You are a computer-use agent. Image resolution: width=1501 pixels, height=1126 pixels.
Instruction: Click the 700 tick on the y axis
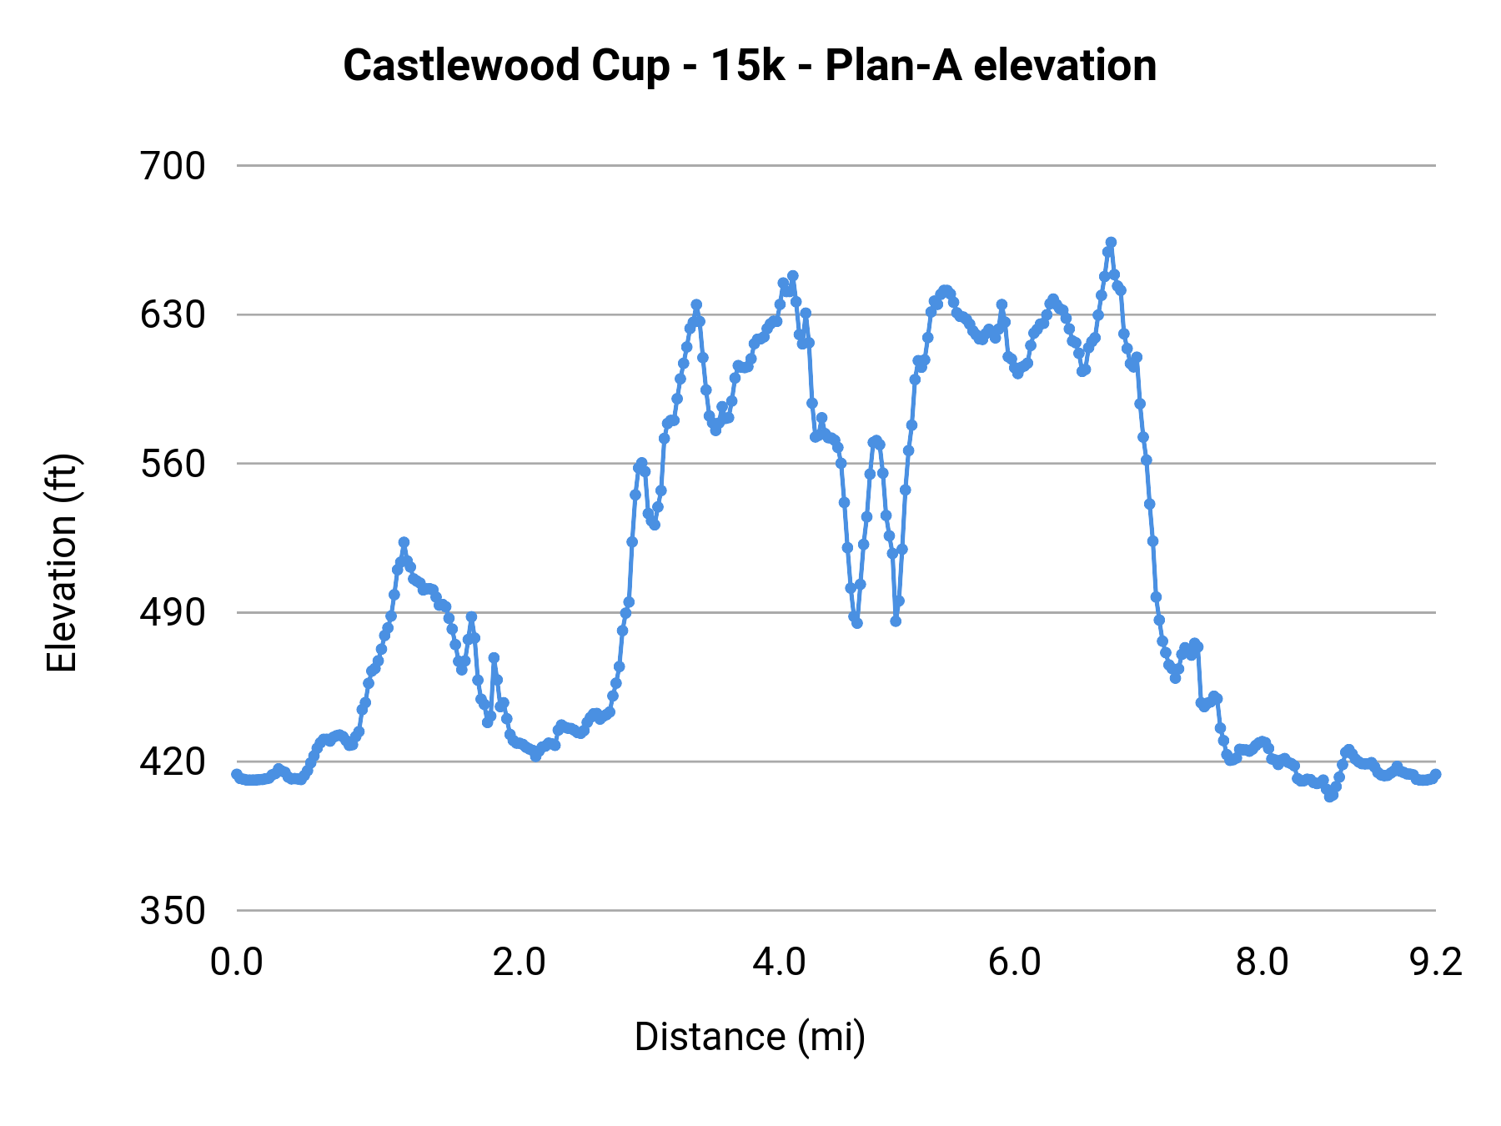tap(173, 167)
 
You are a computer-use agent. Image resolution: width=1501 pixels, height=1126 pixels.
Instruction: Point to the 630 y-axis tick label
tap(173, 315)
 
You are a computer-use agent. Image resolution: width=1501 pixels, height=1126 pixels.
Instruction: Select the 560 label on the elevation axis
tap(173, 465)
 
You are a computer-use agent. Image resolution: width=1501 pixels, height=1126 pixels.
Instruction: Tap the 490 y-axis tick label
tap(173, 613)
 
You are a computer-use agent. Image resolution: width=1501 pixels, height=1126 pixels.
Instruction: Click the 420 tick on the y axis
tap(173, 762)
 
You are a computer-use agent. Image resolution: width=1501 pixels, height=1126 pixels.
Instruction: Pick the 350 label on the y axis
tap(173, 911)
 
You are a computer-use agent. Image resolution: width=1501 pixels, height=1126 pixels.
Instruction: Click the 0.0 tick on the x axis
tap(237, 963)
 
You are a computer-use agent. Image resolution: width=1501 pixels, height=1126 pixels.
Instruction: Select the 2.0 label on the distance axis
tap(519, 963)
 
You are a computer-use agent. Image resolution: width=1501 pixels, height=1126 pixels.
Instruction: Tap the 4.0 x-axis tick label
tap(779, 963)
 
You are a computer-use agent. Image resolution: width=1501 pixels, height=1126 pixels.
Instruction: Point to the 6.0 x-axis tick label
tap(1015, 963)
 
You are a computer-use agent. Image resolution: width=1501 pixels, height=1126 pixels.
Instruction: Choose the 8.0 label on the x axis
tap(1262, 963)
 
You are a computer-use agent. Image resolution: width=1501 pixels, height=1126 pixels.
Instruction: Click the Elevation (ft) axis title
tap(62, 564)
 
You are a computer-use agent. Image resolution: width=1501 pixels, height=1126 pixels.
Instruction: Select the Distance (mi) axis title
tap(750, 1038)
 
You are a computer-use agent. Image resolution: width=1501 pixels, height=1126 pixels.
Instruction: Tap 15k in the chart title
tap(747, 66)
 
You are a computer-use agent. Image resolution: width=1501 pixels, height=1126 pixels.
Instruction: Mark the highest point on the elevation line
tap(1111, 243)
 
